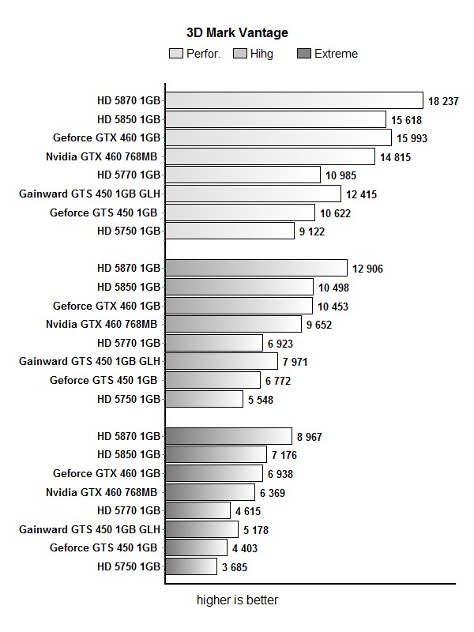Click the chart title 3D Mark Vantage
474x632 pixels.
237,33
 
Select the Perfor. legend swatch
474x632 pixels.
176,54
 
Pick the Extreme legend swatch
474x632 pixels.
303,54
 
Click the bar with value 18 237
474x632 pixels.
294,100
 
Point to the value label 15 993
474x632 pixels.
416,137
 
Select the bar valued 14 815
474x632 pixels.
270,156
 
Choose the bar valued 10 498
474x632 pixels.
239,288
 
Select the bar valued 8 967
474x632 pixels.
228,436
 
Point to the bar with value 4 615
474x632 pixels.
197,510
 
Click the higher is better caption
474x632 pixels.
237,600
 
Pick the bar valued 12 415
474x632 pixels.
253,194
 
